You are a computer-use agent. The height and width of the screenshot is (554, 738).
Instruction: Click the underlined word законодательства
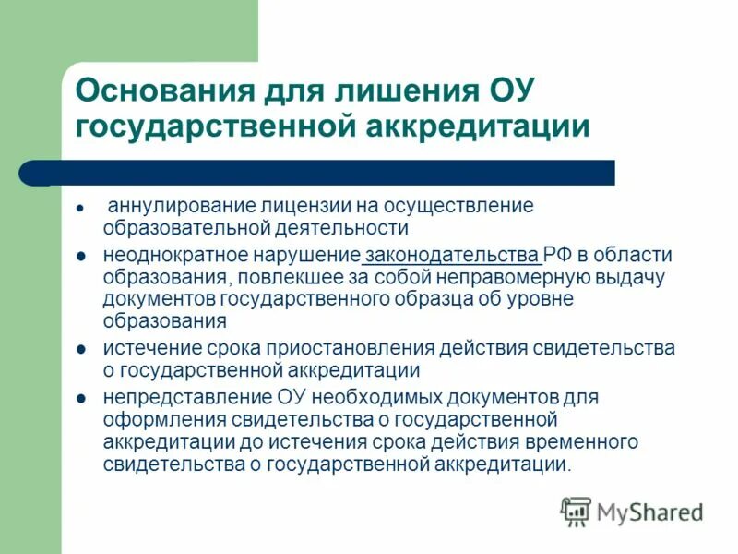pos(451,255)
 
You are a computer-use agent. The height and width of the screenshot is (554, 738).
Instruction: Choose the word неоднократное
pos(168,255)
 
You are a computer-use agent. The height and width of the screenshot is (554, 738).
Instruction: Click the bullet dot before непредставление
pos(81,399)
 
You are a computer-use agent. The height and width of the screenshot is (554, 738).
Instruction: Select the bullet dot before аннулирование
pos(81,207)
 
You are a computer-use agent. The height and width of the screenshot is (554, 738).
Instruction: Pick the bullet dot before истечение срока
pos(81,350)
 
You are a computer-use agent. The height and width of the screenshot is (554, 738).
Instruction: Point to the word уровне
pos(535,299)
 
